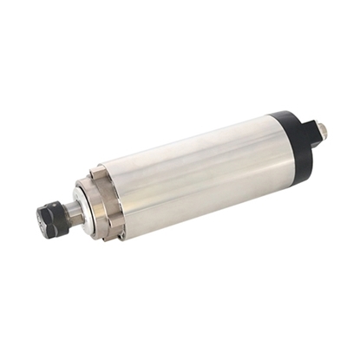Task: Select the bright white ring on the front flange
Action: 85,206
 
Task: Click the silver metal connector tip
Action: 322,129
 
